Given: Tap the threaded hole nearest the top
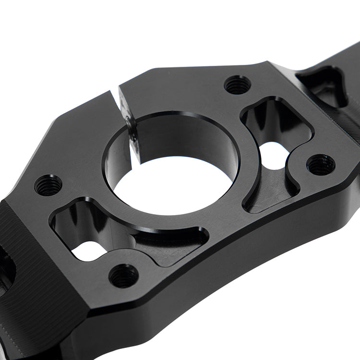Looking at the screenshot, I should tap(238, 85).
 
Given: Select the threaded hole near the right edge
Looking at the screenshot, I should tap(321, 165).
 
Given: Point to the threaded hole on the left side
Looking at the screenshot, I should tap(48, 185).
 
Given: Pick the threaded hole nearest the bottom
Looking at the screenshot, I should tap(123, 276).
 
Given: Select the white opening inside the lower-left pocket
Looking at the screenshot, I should tap(88, 251).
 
